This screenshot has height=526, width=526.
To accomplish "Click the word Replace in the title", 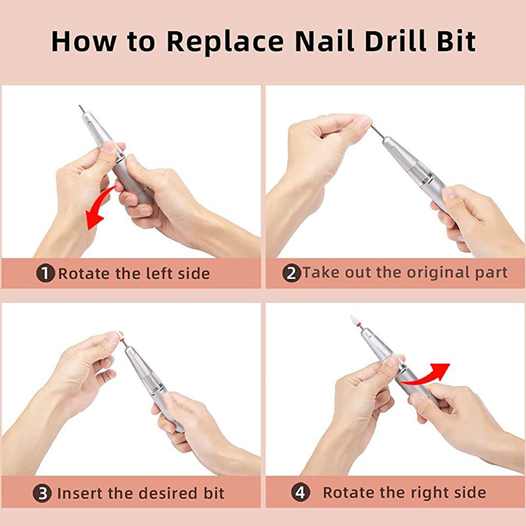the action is pos(225,42).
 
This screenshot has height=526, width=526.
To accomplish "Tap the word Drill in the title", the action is pos(395,41).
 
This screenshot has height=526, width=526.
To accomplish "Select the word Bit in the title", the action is pos(456,41).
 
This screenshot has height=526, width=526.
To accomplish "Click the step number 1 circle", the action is pos(45,273).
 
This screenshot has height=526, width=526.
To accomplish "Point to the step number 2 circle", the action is pos(291,273).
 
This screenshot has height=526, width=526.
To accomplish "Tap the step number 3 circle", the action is pos(42,493).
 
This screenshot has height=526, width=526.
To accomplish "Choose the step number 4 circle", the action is pos(300,492).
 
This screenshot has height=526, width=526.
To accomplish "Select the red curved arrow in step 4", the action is pos(423,375).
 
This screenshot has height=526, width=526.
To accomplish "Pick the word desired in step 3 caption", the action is pos(168,493).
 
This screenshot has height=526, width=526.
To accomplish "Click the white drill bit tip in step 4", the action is pos(354,320).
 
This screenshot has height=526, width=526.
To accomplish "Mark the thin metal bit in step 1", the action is pos(82,108).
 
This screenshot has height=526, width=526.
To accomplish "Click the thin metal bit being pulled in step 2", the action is pos(377,131).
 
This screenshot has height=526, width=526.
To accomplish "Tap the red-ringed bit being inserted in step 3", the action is pos(122,339).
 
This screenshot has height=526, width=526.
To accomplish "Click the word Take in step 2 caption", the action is pos(322,272).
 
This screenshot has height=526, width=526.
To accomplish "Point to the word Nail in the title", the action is pos(325,41).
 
